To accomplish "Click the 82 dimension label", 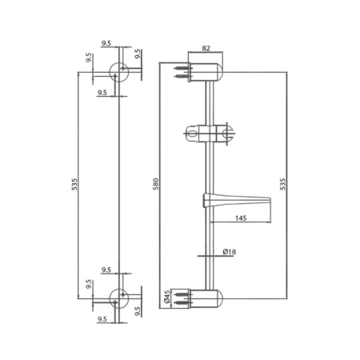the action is pos(206,48).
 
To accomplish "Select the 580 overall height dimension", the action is pos(156,184).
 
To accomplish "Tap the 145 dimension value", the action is pos(241,218).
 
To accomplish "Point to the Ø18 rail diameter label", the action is pos(229,251).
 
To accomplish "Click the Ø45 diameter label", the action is pos(167,297).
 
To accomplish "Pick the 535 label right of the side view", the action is pos(282,184).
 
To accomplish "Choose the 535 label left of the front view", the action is pos(74,184).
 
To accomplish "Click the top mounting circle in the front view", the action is pos(119,72).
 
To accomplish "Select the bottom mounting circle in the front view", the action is pos(119,298).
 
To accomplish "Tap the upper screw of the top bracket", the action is pos(182,68).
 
